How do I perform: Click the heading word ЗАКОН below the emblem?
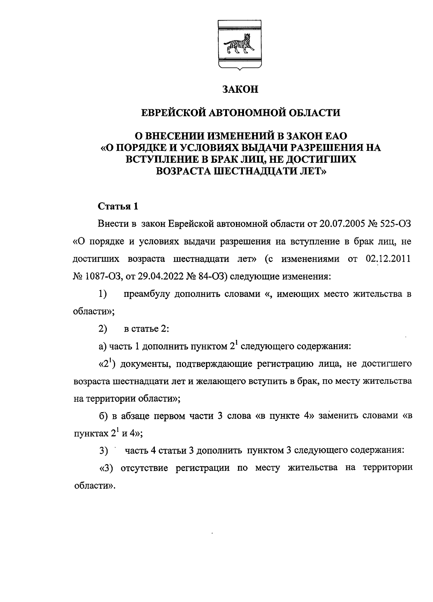[240, 90]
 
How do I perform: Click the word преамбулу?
[147, 294]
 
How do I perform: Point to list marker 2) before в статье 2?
[103, 329]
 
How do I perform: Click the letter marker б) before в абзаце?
[103, 416]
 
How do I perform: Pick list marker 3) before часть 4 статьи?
[103, 451]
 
